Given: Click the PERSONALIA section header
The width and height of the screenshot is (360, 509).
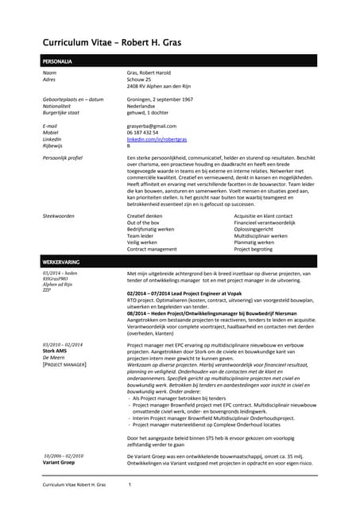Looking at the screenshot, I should click(x=56, y=61).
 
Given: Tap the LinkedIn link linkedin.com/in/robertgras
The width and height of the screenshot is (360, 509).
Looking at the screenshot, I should click(x=160, y=139).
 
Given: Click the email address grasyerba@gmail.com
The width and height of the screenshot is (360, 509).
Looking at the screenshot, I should click(x=152, y=126).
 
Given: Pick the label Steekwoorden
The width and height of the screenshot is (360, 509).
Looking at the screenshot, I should click(x=59, y=216).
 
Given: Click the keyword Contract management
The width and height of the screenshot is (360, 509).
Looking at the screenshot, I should click(x=156, y=249).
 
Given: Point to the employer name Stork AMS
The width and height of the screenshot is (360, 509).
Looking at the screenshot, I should click(x=55, y=350).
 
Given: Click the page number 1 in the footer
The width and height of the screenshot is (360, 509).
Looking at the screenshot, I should click(x=130, y=484).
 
